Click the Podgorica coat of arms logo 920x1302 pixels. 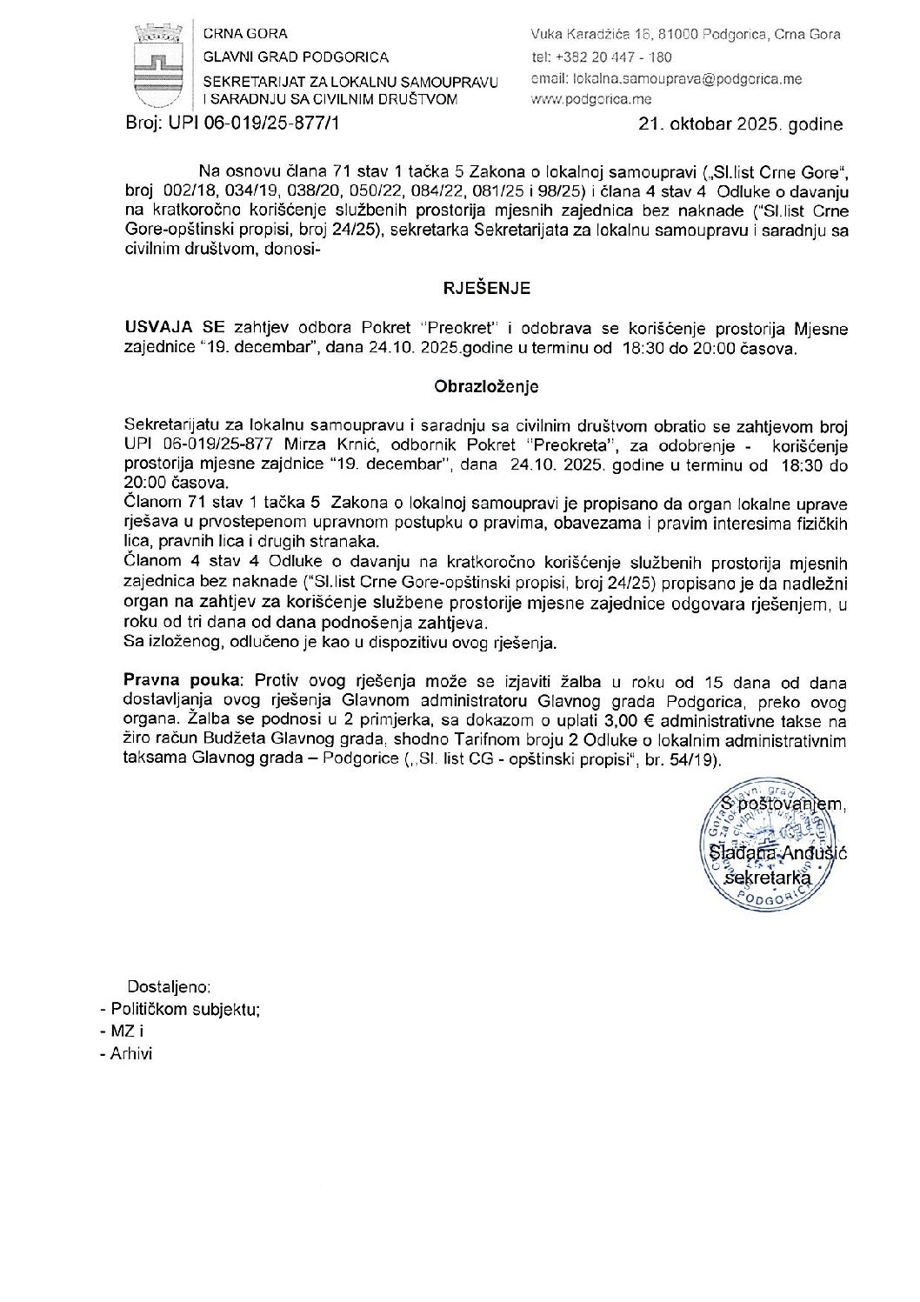(157, 66)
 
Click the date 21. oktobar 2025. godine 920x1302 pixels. (740, 124)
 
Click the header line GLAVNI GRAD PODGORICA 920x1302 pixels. (296, 57)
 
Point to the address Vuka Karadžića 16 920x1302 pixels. (600, 35)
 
